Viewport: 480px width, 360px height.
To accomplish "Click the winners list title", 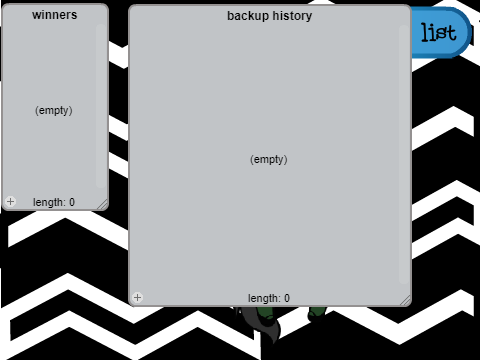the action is click(55, 15).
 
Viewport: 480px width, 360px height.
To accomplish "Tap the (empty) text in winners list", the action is click(54, 110).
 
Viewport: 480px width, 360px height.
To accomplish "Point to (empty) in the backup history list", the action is click(269, 159).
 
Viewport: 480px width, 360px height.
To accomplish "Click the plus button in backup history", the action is click(137, 297).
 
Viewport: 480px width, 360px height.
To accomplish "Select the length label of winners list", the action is click(54, 202).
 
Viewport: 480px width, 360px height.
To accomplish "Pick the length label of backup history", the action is click(269, 298).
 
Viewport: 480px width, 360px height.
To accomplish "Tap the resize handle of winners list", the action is click(103, 205).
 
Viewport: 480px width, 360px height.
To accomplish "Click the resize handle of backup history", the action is click(405, 300).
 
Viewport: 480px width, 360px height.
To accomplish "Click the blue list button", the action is click(441, 32).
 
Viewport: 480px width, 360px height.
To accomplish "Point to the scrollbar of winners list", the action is click(101, 106).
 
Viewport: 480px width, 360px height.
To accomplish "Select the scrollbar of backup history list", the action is click(404, 154).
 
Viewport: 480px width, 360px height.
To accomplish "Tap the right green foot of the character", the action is click(317, 313).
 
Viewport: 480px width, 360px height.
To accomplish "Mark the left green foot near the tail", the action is click(265, 313).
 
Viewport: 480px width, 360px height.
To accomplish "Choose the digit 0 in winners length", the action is click(72, 202).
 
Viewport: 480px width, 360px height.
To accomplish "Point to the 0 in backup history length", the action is click(287, 298).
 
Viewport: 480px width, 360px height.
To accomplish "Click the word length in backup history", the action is click(264, 298).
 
